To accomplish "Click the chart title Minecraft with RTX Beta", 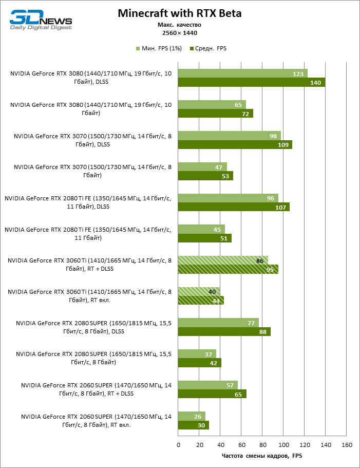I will pyautogui.click(x=180, y=13).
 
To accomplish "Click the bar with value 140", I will pyautogui.click(x=252, y=82).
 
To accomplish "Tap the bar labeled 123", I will pyautogui.click(x=242, y=73).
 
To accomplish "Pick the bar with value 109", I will pyautogui.click(x=235, y=145).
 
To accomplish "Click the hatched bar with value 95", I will pyautogui.click(x=228, y=269).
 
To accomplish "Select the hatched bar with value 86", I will pyautogui.click(x=223, y=260).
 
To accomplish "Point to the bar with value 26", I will pyautogui.click(x=191, y=416).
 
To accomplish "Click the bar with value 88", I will pyautogui.click(x=224, y=332).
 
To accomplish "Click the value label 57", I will pyautogui.click(x=230, y=385).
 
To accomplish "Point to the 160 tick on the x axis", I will pyautogui.click(x=347, y=444).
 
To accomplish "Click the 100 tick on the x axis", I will pyautogui.click(x=283, y=444).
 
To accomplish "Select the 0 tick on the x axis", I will pyautogui.click(x=178, y=444).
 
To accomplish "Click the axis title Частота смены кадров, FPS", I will pyautogui.click(x=262, y=456).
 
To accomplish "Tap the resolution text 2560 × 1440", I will pyautogui.click(x=179, y=32).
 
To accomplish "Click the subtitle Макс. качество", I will pyautogui.click(x=179, y=25).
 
